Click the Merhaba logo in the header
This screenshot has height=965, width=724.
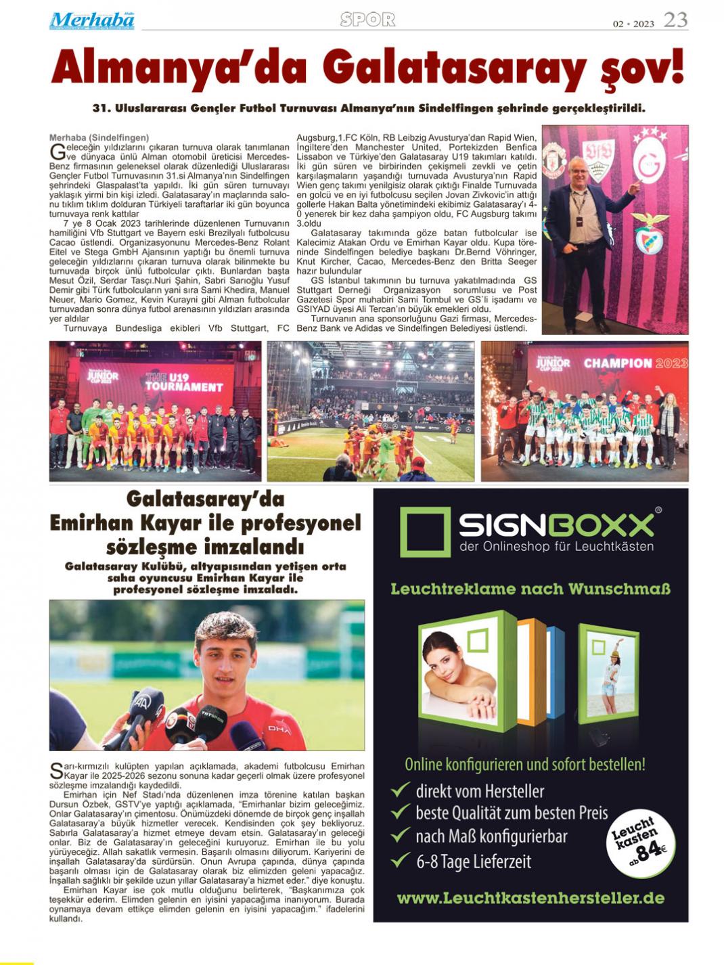point(91,21)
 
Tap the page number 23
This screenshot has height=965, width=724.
point(675,20)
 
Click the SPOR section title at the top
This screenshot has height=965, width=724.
point(367,20)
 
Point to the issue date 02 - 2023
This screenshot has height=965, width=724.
point(633,24)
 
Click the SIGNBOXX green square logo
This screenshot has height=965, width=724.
point(425,532)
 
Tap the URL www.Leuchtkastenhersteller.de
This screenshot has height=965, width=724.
point(530,899)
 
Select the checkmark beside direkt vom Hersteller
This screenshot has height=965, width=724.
point(401,790)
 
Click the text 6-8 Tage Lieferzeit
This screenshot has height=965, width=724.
point(473,862)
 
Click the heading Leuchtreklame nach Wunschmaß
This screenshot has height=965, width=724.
point(530,589)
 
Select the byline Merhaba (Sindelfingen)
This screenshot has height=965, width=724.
point(99,137)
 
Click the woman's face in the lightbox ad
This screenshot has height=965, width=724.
point(449,665)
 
